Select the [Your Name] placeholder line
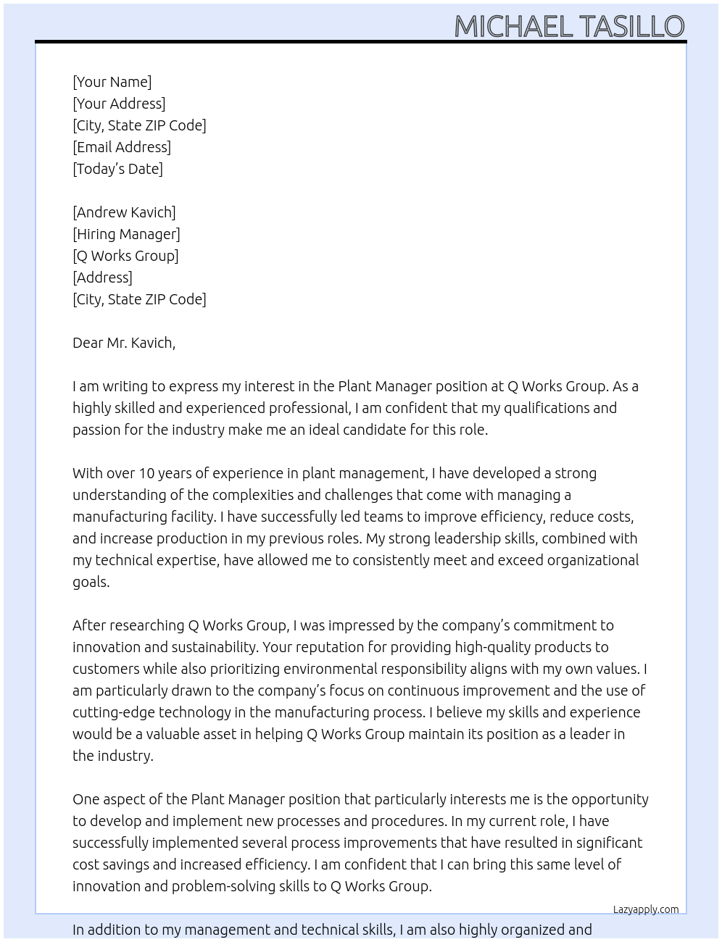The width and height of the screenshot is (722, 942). click(112, 82)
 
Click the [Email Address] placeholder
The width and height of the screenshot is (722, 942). click(122, 147)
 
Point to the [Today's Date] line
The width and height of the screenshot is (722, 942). click(117, 169)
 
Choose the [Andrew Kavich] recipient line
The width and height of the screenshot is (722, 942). click(124, 212)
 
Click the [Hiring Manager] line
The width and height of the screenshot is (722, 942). click(126, 234)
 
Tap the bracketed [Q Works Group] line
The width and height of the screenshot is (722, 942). click(125, 256)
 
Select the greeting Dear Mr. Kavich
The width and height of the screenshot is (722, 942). click(124, 343)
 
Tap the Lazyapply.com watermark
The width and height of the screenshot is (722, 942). click(646, 909)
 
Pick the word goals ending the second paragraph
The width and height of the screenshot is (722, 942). click(91, 582)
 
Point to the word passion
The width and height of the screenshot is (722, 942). click(96, 430)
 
